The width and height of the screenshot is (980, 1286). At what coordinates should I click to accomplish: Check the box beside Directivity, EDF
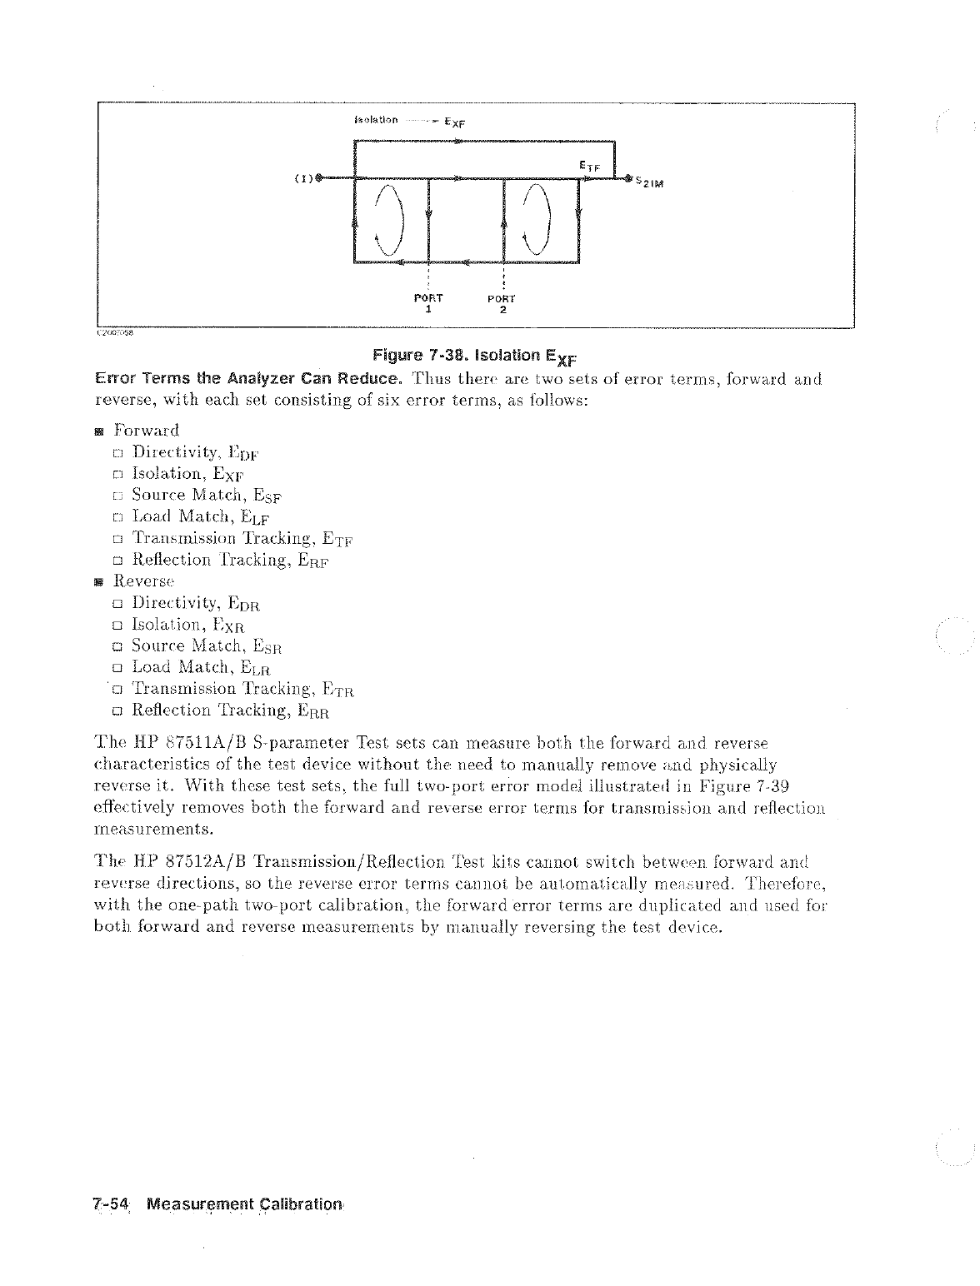pos(118,454)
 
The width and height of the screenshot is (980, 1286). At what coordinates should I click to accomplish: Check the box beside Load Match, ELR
pos(118,668)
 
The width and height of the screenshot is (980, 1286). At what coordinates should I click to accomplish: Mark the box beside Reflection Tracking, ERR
pos(118,711)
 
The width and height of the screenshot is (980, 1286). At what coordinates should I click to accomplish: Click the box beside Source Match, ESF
pos(118,496)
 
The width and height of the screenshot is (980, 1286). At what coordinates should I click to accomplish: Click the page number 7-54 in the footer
pos(111,1204)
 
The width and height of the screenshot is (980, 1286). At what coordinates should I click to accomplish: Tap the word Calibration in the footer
pos(299,1204)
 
